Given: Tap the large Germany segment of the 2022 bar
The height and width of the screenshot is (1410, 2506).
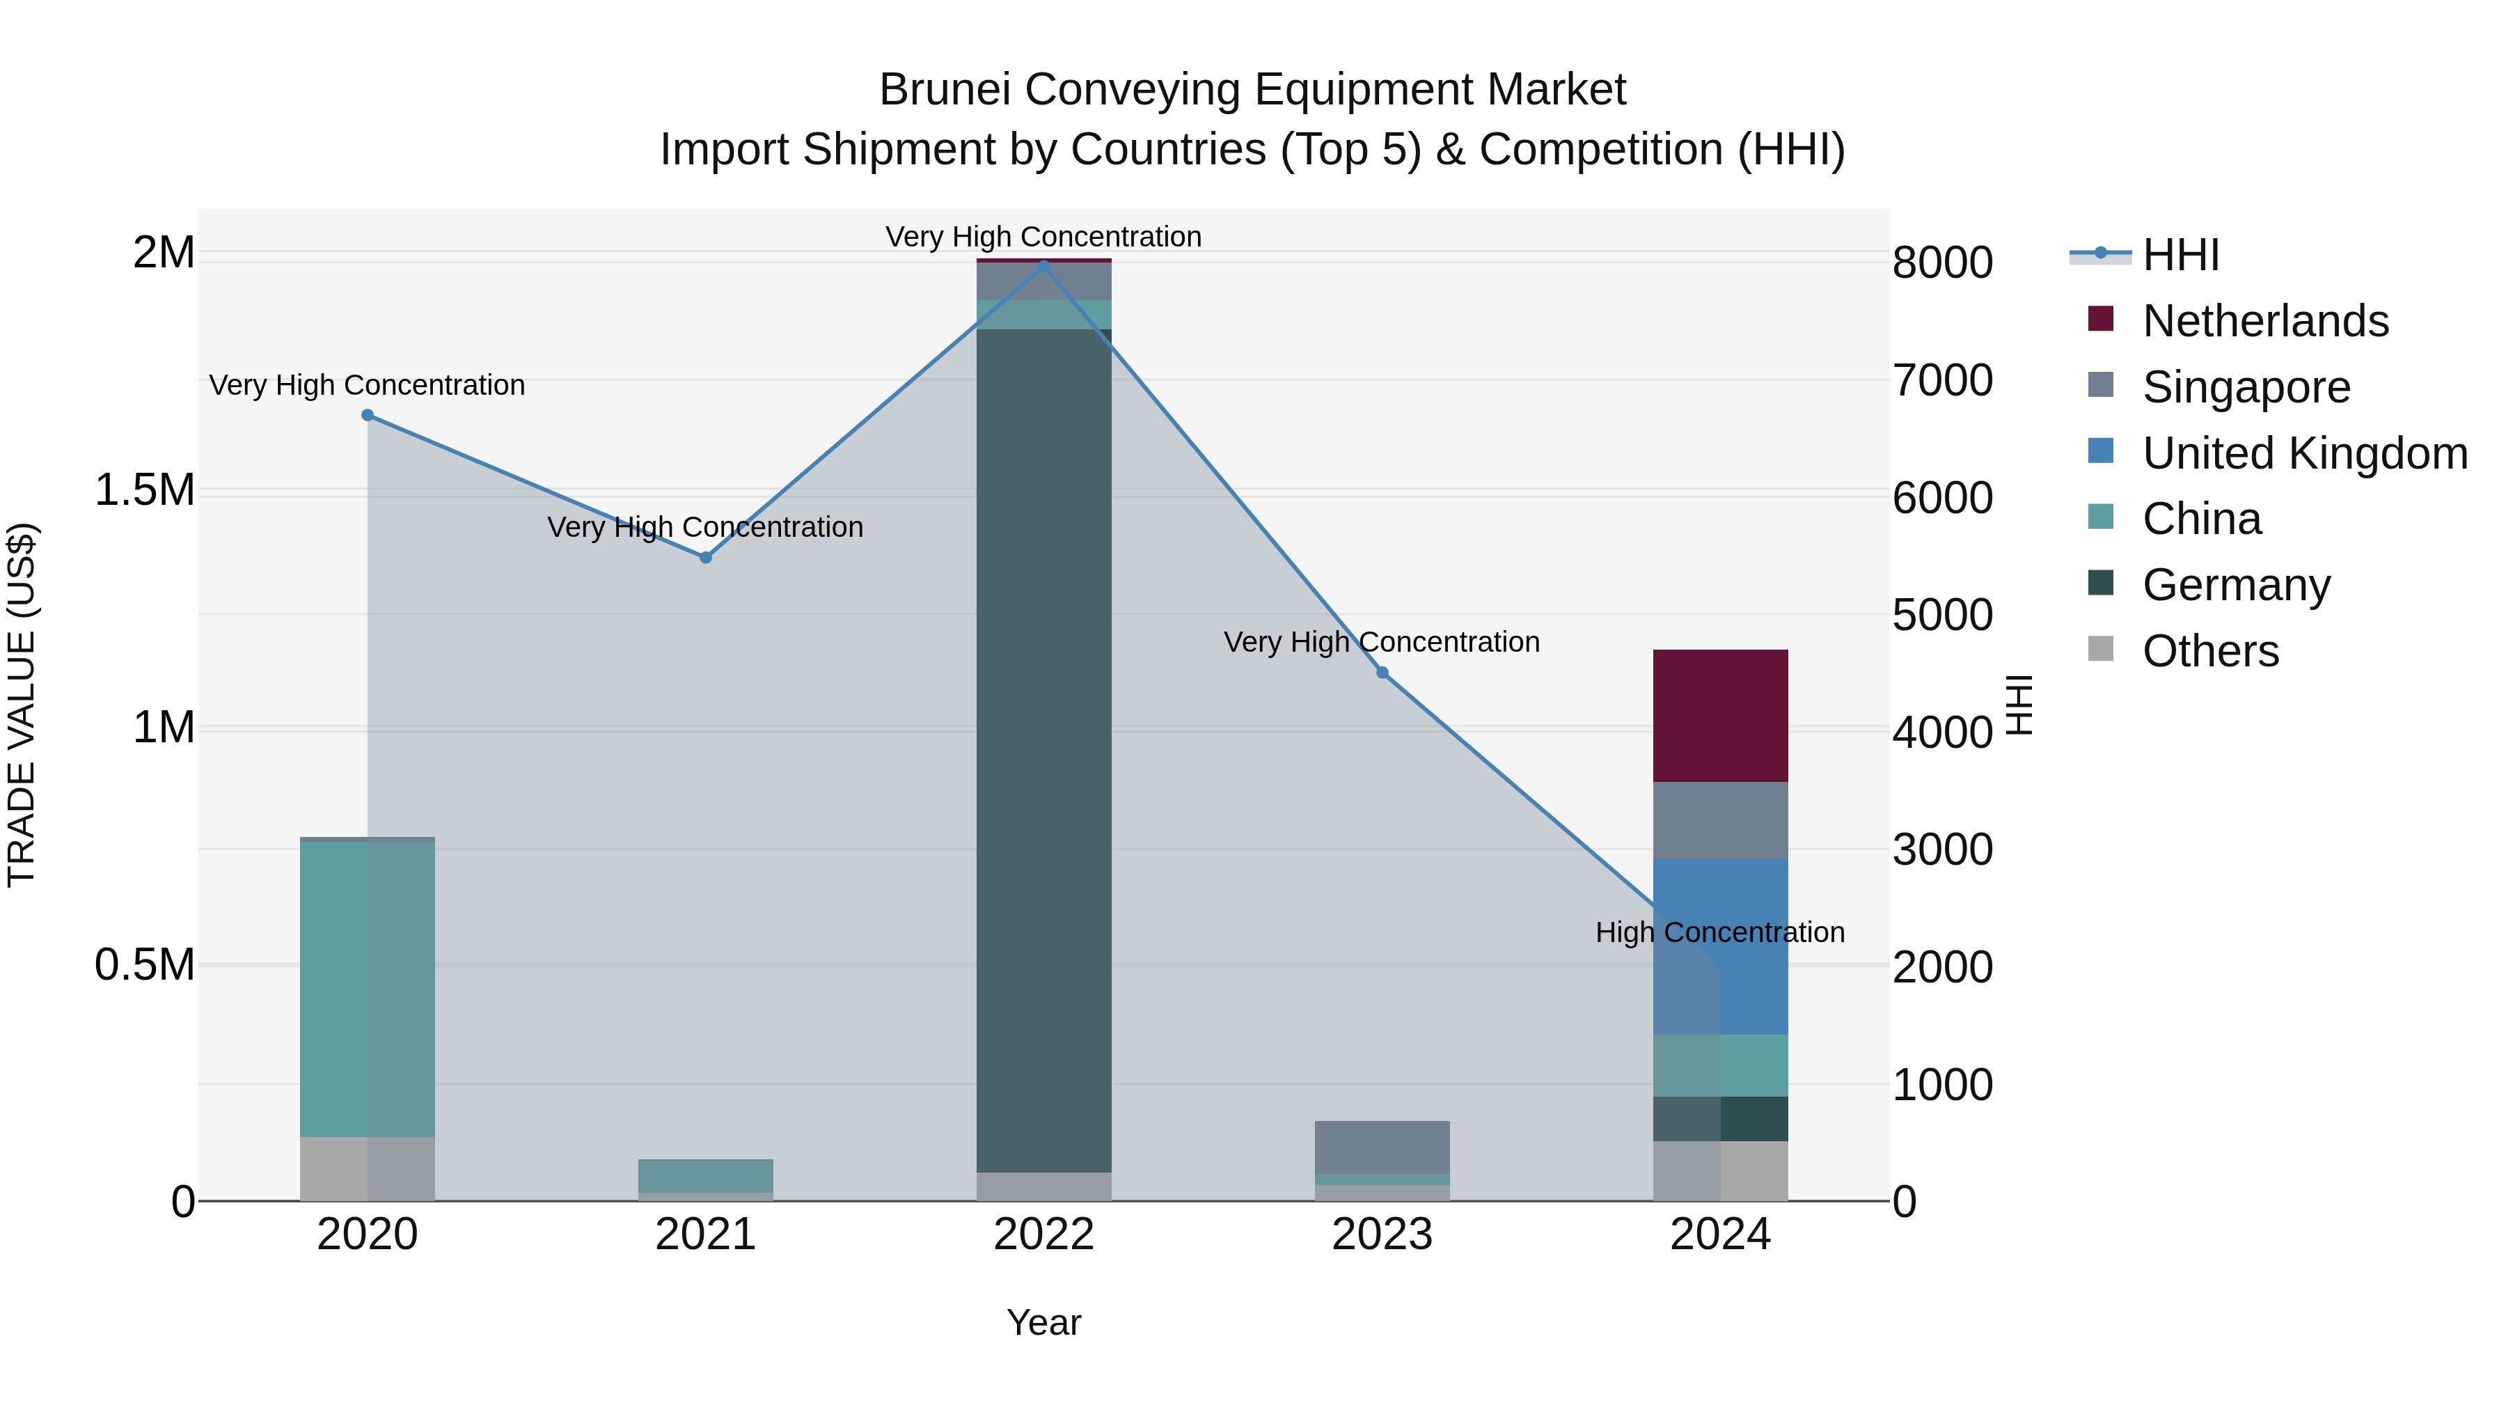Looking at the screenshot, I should [1044, 749].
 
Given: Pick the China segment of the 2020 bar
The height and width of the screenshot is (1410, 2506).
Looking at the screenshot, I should [367, 987].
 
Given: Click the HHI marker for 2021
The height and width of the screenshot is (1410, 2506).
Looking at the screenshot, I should [705, 558].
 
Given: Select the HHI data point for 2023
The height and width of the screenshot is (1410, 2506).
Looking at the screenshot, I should [1381, 673].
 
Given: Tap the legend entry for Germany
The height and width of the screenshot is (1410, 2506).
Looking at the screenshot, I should [2235, 585].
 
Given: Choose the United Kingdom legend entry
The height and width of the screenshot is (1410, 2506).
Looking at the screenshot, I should [2303, 453].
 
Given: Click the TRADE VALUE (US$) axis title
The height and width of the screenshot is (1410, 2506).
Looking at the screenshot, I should [22, 705].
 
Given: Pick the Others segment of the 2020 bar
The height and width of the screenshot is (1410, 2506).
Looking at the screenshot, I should [367, 1168].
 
